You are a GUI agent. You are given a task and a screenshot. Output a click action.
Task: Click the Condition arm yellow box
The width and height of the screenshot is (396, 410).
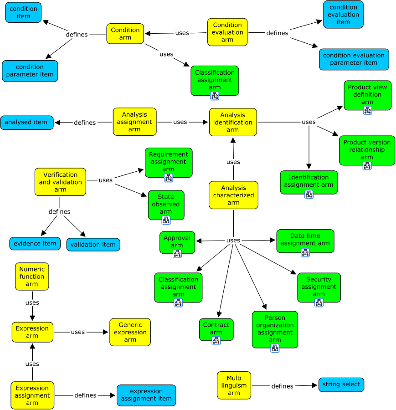(x=125, y=34)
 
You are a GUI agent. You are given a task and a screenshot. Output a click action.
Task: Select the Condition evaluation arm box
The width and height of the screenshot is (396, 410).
(x=227, y=32)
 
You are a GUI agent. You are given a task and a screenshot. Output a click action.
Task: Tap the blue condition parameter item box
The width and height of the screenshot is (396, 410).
(x=30, y=71)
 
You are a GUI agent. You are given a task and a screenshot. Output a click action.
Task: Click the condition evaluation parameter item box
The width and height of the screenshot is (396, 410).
(x=354, y=59)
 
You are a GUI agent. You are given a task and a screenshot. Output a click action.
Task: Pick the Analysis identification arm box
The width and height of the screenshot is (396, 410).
(x=233, y=122)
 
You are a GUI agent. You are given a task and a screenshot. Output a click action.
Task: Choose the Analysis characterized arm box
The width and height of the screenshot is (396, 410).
(x=233, y=195)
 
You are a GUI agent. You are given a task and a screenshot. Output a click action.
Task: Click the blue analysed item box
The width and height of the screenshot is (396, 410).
(x=27, y=122)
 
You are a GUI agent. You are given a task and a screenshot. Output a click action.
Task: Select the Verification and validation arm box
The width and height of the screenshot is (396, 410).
(x=60, y=182)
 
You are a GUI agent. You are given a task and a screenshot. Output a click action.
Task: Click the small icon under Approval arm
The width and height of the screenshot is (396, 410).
(x=177, y=254)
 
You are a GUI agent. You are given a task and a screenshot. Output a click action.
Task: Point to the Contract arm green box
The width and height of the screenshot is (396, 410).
(x=216, y=329)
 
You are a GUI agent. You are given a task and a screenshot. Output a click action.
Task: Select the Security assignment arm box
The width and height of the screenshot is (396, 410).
(x=319, y=287)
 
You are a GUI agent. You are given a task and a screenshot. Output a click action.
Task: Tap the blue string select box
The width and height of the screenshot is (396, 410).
(x=341, y=384)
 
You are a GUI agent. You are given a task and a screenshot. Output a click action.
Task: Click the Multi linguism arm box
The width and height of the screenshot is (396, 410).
(x=234, y=385)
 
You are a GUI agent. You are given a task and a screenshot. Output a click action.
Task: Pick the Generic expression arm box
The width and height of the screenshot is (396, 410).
(x=130, y=332)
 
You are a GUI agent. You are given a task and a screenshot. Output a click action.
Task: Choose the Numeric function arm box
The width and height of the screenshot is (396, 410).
(x=32, y=277)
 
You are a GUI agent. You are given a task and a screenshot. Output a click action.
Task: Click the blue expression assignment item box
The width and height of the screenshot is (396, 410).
(x=146, y=395)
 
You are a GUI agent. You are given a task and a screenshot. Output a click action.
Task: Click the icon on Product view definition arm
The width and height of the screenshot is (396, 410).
(x=367, y=110)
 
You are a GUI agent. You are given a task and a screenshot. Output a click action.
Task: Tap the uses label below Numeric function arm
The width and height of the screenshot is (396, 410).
(x=32, y=302)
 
